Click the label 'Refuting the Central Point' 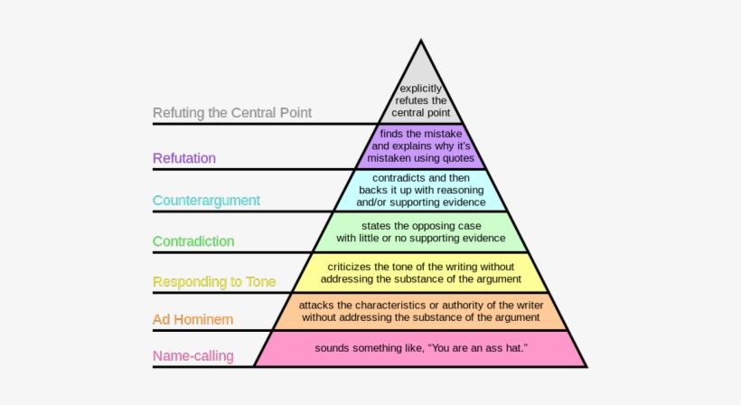(232, 113)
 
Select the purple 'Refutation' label (184, 158)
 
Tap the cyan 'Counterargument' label (206, 200)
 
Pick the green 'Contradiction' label (193, 241)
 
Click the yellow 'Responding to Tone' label (214, 282)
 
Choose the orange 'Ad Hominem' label (192, 319)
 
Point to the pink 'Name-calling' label (193, 356)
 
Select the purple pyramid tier (421, 146)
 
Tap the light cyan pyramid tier (421, 190)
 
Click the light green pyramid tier (421, 231)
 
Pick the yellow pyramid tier (421, 272)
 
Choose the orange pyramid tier (421, 311)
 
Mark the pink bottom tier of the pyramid (421, 348)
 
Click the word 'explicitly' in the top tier (421, 89)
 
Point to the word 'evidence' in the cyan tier (461, 202)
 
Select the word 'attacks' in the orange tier (317, 305)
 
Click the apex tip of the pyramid (421, 42)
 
